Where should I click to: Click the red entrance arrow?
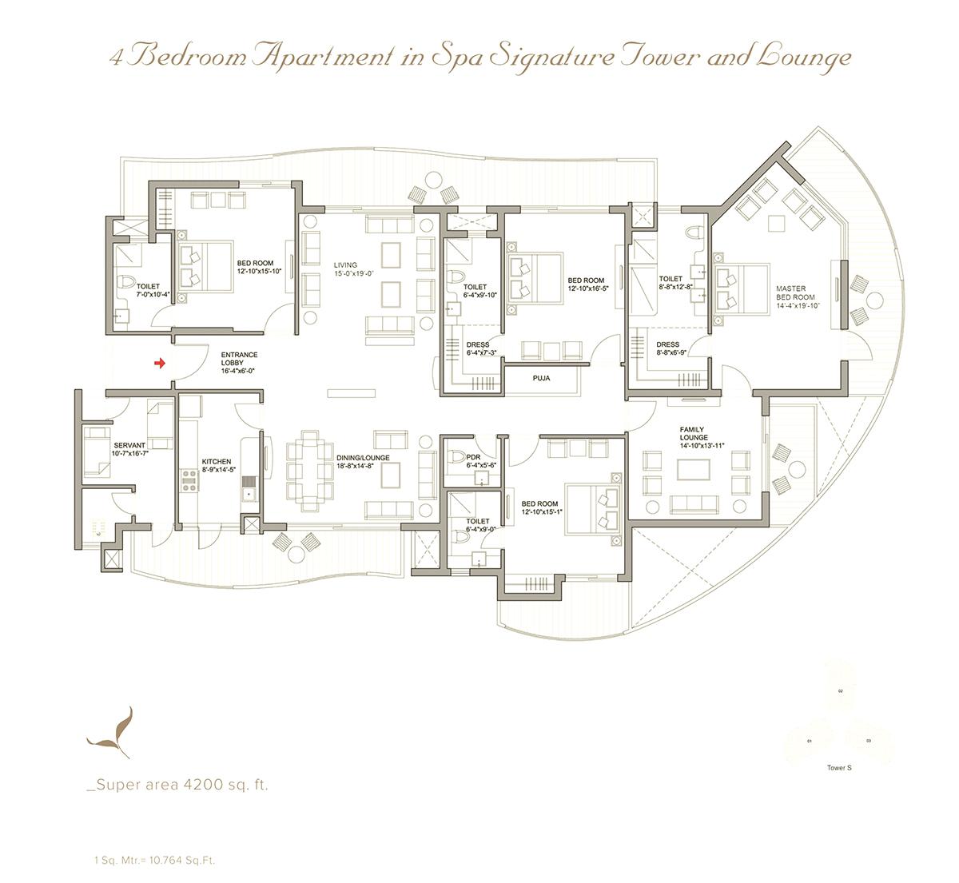click(159, 364)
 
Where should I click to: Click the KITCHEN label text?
click(216, 462)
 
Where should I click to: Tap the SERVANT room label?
click(129, 446)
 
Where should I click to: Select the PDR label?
click(473, 458)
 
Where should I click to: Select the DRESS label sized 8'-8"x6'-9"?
click(667, 345)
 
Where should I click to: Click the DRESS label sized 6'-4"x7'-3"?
click(477, 345)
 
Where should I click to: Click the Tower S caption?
click(839, 768)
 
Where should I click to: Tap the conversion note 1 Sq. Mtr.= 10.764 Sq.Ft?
click(153, 861)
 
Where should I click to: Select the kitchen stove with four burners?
click(192, 479)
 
